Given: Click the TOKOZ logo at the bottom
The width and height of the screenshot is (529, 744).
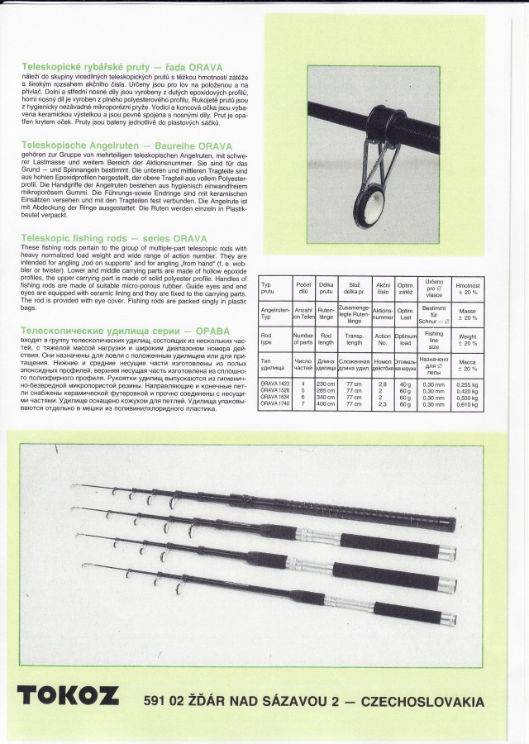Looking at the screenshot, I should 68,696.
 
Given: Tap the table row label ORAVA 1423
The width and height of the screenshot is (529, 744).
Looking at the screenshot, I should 274,384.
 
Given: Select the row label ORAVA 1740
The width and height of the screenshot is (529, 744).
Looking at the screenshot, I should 274,404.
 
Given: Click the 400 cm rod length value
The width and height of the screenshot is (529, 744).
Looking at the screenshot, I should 326,404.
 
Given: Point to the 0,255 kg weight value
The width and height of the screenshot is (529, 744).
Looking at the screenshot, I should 467,384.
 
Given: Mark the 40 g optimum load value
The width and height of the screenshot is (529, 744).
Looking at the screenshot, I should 405,384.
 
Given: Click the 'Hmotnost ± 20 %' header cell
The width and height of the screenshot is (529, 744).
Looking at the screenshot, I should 467,288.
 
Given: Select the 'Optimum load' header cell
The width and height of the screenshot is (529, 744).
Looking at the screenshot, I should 405,338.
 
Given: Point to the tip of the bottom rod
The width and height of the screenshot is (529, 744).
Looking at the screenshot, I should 84,565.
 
